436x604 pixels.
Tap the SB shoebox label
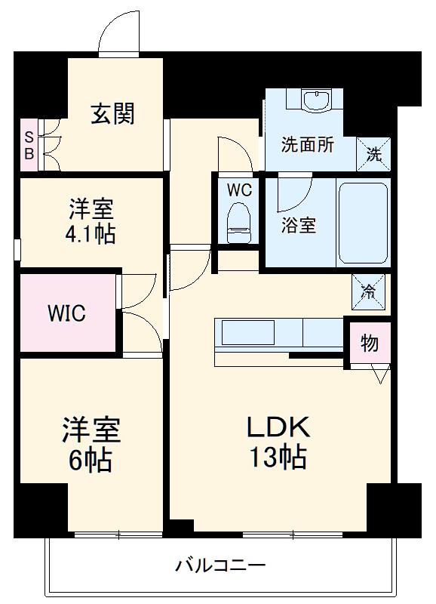29,145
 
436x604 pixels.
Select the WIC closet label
66,313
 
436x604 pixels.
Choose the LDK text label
278,427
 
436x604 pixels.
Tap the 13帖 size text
278,457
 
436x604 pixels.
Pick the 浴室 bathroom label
299,224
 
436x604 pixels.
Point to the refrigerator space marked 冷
370,291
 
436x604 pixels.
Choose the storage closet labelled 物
369,344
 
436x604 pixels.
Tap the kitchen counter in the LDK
279,334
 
